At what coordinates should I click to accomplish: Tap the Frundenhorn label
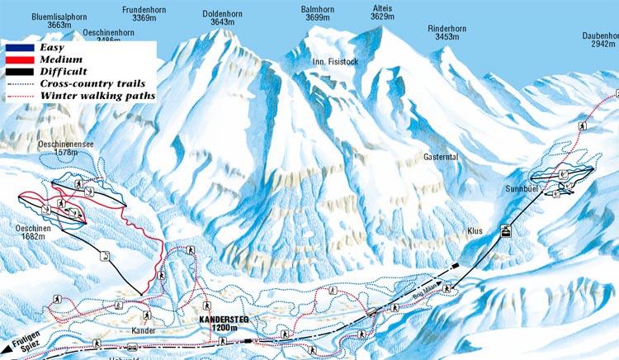(144, 9)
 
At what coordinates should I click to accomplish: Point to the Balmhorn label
(312, 9)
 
